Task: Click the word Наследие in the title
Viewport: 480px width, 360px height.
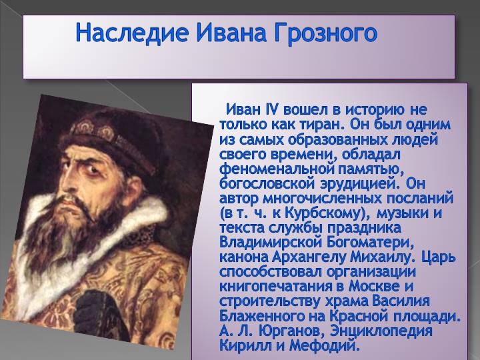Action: [x=131, y=33]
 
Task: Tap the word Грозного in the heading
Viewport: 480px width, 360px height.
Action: [x=325, y=34]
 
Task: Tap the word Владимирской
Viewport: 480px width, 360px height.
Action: [x=271, y=243]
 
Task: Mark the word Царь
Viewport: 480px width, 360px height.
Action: [x=439, y=257]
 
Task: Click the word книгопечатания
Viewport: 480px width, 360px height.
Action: [x=277, y=287]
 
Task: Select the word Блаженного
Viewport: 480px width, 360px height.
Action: [x=263, y=316]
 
